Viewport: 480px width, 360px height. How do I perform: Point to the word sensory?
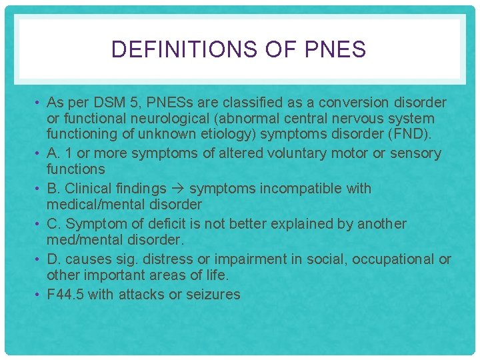[415, 153]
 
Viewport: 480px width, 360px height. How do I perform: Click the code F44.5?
[65, 295]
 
